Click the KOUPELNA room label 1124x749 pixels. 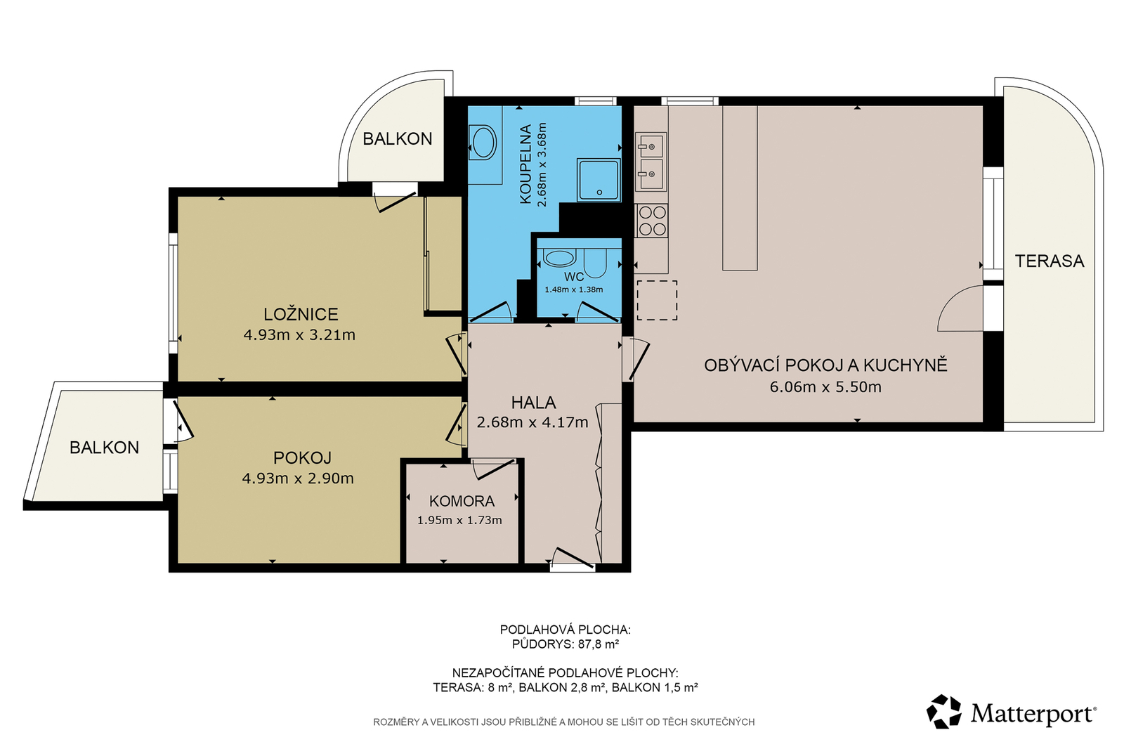[525, 164]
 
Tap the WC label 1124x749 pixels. [574, 277]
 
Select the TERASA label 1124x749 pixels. [1050, 261]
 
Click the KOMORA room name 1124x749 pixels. [462, 501]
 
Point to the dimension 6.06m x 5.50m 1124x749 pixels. [825, 387]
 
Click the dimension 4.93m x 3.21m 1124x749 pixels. [299, 335]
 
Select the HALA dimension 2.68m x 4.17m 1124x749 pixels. [532, 423]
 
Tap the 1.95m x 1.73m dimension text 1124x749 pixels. [459, 521]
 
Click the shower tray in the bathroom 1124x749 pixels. [599, 180]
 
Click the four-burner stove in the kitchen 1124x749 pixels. [652, 221]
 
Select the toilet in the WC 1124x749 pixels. [596, 263]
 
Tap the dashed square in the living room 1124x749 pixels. [657, 300]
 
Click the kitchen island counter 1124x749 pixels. [740, 188]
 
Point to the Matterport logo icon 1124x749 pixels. [944, 711]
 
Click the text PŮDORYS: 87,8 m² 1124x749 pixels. [565, 644]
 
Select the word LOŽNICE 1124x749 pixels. [301, 314]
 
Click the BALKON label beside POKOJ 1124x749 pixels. [105, 448]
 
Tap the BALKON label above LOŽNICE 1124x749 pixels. [398, 138]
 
